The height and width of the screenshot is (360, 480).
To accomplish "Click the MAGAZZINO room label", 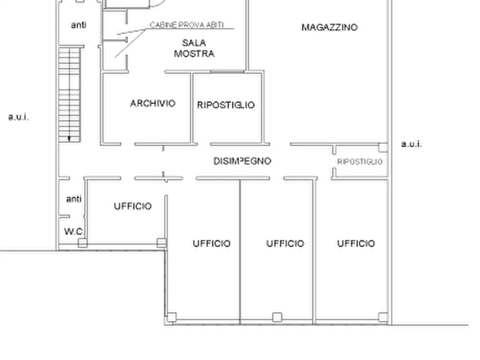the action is tap(329, 27).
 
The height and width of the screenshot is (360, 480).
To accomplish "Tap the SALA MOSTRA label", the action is tap(194, 48).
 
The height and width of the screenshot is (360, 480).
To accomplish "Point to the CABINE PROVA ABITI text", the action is tap(187, 25).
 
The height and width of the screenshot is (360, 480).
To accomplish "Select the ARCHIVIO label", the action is tap(153, 103).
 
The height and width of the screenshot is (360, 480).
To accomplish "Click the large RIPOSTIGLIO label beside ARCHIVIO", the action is tap(226, 105).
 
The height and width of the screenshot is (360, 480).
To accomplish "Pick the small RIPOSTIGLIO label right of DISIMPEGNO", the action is tap(360, 162).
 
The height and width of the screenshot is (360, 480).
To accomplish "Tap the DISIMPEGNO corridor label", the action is tap(242, 161).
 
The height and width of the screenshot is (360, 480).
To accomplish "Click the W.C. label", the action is tap(74, 232).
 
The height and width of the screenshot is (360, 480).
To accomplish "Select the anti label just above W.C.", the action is tap(74, 199).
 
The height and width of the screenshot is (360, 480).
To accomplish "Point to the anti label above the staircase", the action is tap(78, 25).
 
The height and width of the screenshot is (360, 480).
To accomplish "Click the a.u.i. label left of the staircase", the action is tap(18, 117).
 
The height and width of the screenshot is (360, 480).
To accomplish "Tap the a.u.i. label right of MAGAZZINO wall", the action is tap(411, 143).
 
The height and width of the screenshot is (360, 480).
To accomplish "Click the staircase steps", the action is tap(69, 94).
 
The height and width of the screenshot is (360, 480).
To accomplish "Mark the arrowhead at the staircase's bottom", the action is tap(69, 139).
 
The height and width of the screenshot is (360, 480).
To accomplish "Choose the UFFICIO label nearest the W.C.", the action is tap(133, 206).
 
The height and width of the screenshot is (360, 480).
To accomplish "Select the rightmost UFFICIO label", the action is tap(356, 243).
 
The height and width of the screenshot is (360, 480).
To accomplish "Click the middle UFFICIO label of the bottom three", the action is tap(285, 243).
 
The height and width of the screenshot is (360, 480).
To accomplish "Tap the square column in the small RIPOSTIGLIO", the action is tap(383, 148).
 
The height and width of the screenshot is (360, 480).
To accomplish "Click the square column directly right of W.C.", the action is tap(83, 243).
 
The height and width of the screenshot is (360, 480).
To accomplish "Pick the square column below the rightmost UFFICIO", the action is tap(383, 317).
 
